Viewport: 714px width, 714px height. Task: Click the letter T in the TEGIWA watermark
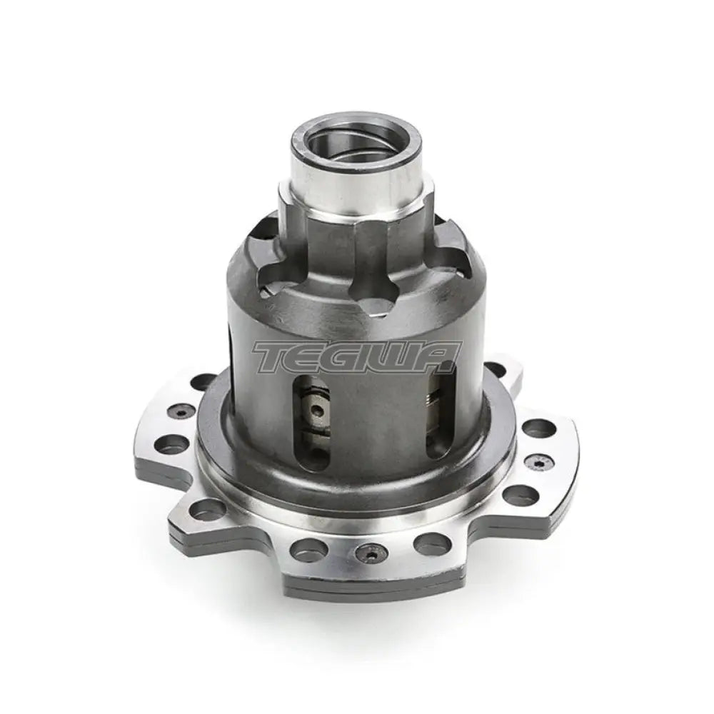coord(275,357)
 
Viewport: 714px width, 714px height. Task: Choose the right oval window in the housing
coord(437,418)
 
